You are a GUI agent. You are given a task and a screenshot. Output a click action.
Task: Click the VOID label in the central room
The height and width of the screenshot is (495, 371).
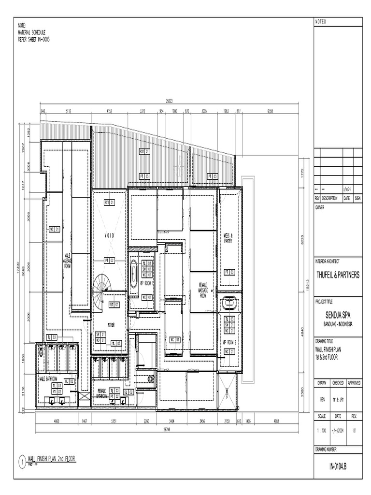point(110,236)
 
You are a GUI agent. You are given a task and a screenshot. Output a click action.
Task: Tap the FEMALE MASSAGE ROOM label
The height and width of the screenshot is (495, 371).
point(203,289)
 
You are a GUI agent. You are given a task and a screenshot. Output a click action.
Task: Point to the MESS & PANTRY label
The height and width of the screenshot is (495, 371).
point(228,237)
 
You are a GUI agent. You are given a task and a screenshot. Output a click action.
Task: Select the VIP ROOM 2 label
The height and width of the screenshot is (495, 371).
point(228,342)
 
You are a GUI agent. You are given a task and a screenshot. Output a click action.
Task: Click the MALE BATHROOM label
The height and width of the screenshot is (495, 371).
point(48,379)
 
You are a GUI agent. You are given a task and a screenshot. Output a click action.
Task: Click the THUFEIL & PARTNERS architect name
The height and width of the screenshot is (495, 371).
point(338,275)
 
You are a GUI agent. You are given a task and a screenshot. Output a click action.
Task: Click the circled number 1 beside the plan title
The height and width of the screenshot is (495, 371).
point(22,462)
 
